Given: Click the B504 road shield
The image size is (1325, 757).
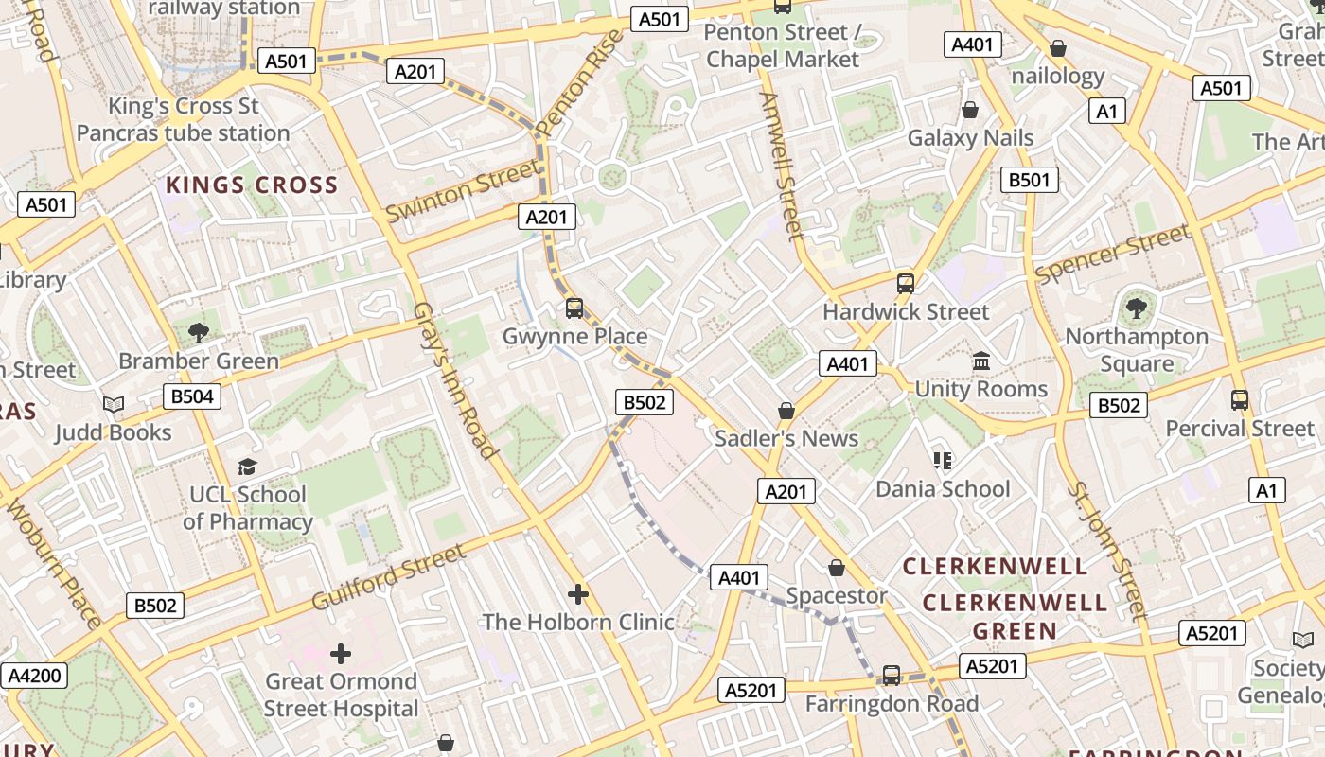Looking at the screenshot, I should (192, 396).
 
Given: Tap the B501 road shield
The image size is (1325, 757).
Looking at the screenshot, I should (1029, 180).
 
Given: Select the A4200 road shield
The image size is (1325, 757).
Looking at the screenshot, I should (35, 676).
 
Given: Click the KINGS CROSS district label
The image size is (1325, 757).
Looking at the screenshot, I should (252, 185).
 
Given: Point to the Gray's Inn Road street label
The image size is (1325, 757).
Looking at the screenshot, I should (455, 380).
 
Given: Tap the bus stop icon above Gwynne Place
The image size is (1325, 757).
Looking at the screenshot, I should (574, 308).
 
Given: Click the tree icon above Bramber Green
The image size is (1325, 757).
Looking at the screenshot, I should (199, 332).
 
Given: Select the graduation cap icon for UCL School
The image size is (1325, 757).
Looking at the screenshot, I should (247, 467).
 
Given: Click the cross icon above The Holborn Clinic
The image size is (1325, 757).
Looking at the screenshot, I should (578, 594).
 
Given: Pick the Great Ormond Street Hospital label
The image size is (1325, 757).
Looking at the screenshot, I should (341, 695).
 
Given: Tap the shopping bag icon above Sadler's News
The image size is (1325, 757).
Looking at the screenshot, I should (786, 411).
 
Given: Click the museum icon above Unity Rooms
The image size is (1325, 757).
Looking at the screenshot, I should (980, 361).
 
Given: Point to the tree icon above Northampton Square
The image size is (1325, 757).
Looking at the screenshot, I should (1136, 308).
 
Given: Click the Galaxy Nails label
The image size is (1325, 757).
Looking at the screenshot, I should (971, 138).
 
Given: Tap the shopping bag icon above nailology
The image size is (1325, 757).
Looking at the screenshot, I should (1058, 48).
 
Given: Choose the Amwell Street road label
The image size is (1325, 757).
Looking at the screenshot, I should (782, 166).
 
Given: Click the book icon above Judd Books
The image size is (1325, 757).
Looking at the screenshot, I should (114, 405).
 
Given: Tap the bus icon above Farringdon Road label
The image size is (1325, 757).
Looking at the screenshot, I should (892, 676).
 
